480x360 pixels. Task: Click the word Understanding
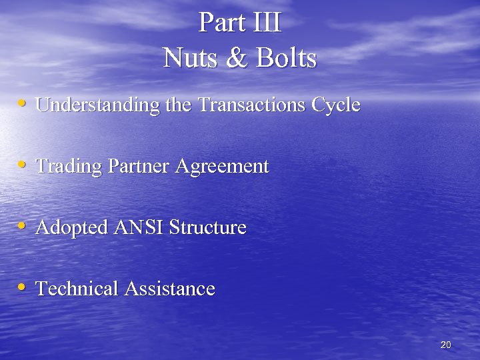97,105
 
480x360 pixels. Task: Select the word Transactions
254,105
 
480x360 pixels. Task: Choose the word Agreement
222,167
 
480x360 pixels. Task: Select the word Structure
207,227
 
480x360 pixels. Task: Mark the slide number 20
446,345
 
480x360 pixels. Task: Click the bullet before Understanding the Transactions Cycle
23,104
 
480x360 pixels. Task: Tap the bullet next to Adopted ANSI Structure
23,227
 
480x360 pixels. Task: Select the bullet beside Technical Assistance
23,288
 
